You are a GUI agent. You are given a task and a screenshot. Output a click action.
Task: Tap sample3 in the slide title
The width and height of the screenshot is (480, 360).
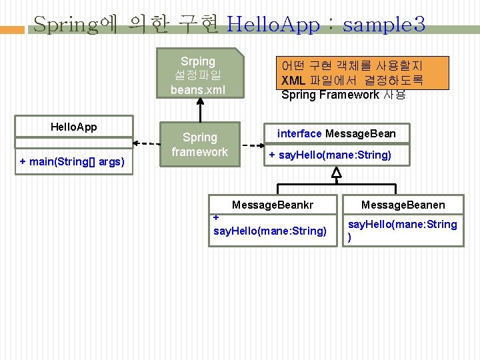(383, 25)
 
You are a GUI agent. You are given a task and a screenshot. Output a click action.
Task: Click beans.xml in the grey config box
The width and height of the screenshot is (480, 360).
(198, 89)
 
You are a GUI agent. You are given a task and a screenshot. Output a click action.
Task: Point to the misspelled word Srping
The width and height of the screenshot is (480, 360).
(198, 61)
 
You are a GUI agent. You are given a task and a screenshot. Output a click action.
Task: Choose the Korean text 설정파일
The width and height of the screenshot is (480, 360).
(198, 75)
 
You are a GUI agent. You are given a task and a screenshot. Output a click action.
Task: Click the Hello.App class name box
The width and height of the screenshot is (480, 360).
(73, 127)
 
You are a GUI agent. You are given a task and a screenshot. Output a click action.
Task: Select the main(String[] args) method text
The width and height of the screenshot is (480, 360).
(73, 162)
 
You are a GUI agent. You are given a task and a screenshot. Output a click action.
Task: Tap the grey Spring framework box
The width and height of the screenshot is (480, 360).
(199, 145)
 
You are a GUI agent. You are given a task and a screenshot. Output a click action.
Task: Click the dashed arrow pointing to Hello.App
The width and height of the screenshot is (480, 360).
(146, 141)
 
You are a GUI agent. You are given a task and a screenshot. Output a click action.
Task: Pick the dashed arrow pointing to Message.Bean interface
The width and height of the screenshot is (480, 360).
(251, 145)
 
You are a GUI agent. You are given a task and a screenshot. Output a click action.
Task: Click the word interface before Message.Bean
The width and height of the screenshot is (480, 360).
(299, 134)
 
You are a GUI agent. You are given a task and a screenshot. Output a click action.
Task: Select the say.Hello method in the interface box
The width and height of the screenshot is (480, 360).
(330, 156)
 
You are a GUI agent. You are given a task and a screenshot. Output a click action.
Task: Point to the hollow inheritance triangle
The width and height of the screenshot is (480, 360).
(336, 173)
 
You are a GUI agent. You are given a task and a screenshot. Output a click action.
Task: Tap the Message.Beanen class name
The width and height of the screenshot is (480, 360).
(403, 205)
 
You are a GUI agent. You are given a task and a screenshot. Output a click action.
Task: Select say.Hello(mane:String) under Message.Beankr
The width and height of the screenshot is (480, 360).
(269, 231)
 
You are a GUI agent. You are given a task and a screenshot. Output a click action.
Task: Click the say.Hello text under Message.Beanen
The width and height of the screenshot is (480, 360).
(403, 225)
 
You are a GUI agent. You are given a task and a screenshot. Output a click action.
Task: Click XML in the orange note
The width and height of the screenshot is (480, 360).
(293, 80)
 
